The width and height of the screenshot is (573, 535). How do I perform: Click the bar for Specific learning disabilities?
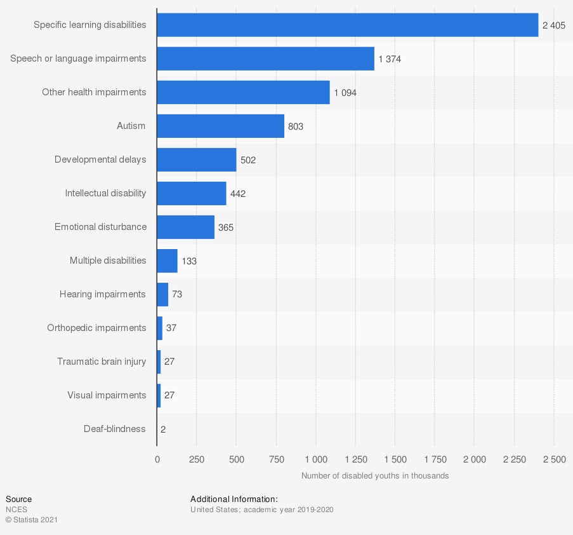347,25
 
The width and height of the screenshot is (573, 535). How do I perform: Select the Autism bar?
220,126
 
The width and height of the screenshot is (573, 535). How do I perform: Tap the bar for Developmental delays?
196,159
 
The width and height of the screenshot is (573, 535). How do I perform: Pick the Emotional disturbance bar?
185,227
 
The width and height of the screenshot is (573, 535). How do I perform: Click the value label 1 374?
390,59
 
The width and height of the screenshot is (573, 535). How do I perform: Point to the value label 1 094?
345,93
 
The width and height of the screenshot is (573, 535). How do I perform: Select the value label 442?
238,194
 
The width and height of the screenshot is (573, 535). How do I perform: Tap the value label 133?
189,261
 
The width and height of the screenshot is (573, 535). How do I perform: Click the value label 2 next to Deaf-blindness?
163,430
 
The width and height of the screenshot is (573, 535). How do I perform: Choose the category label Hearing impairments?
102,294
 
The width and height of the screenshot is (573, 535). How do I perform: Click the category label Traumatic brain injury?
102,362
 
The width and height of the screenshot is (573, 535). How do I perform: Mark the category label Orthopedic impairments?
96,328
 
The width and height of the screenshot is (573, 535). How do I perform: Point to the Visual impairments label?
107,395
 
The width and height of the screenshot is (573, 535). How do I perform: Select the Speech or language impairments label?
78,58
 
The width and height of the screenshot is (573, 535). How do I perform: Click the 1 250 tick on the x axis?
355,459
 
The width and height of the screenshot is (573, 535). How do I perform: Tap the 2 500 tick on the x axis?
553,459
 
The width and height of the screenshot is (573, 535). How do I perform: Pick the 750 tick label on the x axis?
275,459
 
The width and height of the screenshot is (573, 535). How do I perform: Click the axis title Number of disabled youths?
374,476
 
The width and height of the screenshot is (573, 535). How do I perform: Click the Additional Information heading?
234,499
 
